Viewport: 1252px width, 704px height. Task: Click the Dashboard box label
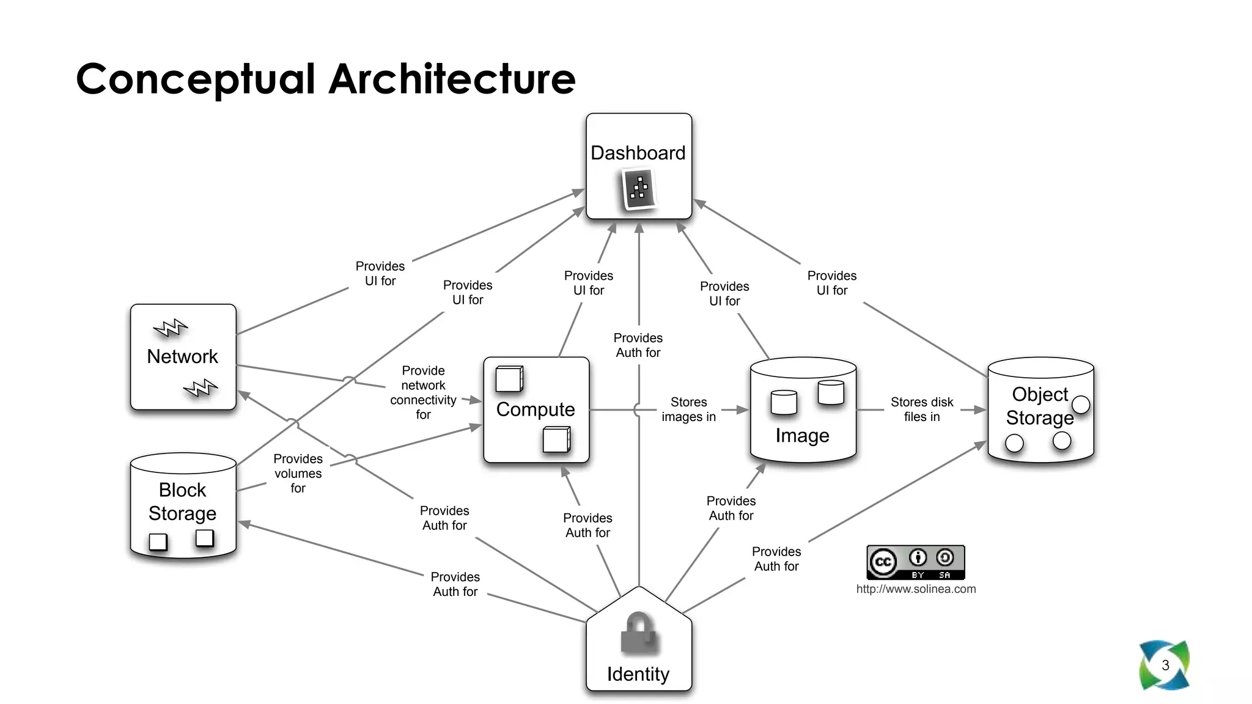point(638,153)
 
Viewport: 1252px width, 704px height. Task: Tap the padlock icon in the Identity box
point(638,633)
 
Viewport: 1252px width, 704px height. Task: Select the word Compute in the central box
point(536,409)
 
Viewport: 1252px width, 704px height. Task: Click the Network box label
point(182,356)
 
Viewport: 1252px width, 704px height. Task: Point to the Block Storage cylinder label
point(182,502)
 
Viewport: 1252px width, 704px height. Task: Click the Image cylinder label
point(802,436)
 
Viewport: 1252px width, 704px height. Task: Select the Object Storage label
point(1039,406)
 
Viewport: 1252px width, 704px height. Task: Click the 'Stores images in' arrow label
point(688,409)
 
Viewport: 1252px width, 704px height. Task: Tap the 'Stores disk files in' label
point(921,409)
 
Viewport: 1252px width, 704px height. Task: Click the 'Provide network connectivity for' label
point(423,392)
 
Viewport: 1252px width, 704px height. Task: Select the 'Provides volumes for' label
point(298,473)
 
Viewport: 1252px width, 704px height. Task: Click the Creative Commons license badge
point(915,562)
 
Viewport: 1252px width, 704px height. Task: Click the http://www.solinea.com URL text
point(915,589)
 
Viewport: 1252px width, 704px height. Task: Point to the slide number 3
point(1165,665)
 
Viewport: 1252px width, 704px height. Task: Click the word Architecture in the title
point(452,79)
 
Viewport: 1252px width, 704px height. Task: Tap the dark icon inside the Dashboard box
point(639,189)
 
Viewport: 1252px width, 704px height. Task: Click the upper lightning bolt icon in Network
point(171,328)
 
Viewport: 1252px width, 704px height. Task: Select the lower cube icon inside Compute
point(556,439)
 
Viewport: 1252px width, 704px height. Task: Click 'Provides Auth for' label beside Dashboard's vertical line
point(638,345)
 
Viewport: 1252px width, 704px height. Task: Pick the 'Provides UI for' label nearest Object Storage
point(831,283)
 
